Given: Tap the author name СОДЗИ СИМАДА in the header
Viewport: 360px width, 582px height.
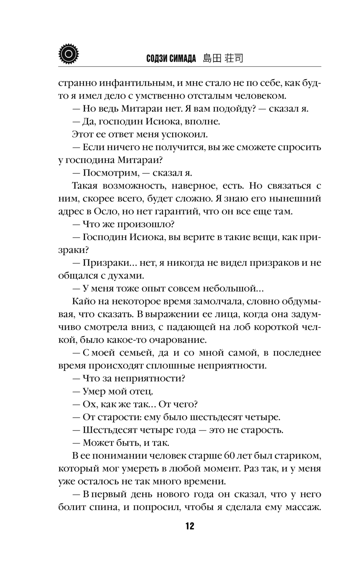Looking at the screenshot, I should (171, 59).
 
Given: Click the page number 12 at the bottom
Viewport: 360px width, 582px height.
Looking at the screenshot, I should (190, 526).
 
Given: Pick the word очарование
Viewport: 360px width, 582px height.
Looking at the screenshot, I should (183, 340).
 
